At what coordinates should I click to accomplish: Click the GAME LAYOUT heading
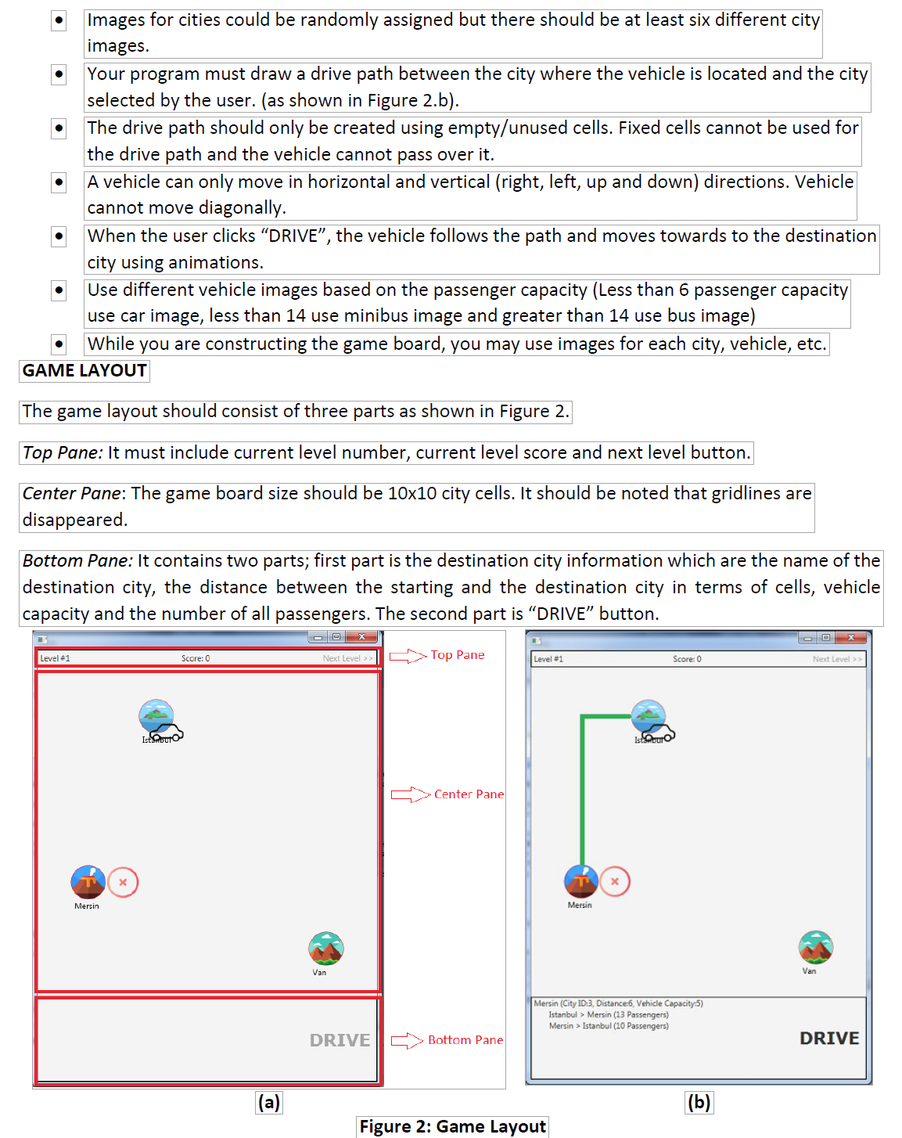coord(84,371)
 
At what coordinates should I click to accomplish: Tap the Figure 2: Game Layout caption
coord(452,1126)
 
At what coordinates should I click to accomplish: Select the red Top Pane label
coord(458,655)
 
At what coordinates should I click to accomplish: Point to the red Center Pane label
coord(469,794)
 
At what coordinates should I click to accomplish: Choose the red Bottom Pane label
coord(465,1040)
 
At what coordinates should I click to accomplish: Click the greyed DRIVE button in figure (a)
coord(340,1040)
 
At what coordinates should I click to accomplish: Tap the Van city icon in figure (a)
coord(326,949)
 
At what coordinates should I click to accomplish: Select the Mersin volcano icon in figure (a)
coord(88,882)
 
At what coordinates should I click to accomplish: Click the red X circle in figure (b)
coord(615,882)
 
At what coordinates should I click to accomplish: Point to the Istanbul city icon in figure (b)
coord(649,716)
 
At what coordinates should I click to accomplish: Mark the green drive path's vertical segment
coord(582,790)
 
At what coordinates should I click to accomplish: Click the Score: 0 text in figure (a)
coord(196,658)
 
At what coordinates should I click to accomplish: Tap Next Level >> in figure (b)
coord(837,659)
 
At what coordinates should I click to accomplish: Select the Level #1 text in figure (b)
coord(548,659)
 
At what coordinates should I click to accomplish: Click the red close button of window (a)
coord(362,637)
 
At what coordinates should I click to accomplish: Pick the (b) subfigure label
coord(699,1102)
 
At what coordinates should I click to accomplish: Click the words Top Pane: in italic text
coord(63,452)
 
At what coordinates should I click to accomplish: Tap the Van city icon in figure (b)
coord(816,948)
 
